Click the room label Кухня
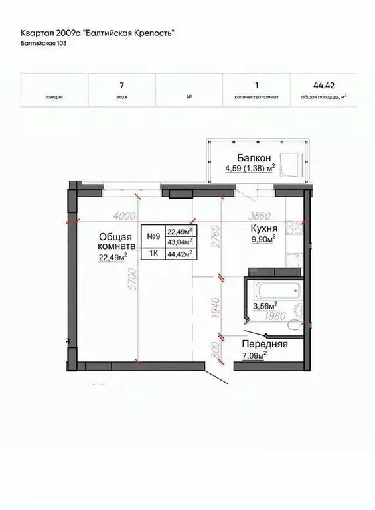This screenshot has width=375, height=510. pyautogui.click(x=264, y=228)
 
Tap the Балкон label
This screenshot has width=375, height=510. pyautogui.click(x=254, y=158)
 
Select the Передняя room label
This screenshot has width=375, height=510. pyautogui.click(x=265, y=344)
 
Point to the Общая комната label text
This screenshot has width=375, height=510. pyautogui.click(x=116, y=241)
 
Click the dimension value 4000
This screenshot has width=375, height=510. pyautogui.click(x=125, y=216)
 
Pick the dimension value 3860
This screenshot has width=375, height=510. pyautogui.click(x=260, y=216)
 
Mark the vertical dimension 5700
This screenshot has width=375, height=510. pyautogui.click(x=133, y=280)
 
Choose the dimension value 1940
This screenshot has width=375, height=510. pyautogui.click(x=216, y=307)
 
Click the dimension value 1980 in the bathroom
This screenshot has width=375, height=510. pyautogui.click(x=275, y=316)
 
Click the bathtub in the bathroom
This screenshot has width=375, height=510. pyautogui.click(x=278, y=290)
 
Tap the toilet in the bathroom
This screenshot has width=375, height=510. pyautogui.click(x=295, y=325)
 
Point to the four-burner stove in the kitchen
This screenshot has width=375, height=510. pyautogui.click(x=294, y=227)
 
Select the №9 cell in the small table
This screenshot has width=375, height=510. pyautogui.click(x=153, y=236)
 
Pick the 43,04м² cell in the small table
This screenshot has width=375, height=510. pyautogui.click(x=180, y=242)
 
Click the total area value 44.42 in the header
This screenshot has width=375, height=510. pyautogui.click(x=324, y=86)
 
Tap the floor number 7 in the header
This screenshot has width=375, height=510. pyautogui.click(x=122, y=86)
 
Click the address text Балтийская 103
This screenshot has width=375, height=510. pyautogui.click(x=44, y=43)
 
